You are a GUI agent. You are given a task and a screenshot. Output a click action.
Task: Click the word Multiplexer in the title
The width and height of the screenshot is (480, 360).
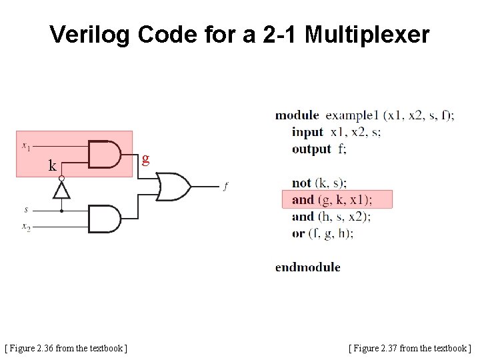coord(367,35)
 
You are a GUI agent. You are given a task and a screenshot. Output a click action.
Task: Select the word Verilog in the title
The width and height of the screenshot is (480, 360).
coord(91,35)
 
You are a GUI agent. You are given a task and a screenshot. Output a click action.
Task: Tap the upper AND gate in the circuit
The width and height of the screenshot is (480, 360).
coord(104,155)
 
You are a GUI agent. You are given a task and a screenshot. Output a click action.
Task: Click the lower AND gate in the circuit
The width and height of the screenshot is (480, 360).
coord(104,219)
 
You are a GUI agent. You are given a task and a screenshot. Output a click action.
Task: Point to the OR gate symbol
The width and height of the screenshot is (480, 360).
coord(173,187)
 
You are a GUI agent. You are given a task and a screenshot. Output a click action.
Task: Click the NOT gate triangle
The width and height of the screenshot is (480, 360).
coord(61,191)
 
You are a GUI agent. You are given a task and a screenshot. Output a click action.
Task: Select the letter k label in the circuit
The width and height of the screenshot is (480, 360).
coord(52,166)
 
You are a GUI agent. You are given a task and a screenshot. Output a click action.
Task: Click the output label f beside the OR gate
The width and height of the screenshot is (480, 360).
coord(225,187)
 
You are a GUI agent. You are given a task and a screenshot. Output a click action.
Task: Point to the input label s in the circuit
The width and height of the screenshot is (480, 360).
coord(26,209)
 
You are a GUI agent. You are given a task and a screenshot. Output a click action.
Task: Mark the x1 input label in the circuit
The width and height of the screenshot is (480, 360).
coord(25,145)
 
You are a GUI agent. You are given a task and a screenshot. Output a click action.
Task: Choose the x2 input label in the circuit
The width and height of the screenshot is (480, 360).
coord(26,227)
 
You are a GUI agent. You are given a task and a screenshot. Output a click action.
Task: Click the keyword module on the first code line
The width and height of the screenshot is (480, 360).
coord(297,115)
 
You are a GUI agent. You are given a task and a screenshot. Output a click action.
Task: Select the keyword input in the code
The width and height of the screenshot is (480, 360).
coord(307,132)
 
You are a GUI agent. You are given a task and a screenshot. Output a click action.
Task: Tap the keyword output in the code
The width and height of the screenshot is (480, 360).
coord(311,149)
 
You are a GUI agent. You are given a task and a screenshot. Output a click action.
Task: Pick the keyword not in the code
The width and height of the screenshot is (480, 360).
coord(301,183)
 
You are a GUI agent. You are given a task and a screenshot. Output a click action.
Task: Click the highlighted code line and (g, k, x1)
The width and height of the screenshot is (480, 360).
coord(332,199)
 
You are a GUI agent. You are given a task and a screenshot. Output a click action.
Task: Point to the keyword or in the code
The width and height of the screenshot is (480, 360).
coord(298,233)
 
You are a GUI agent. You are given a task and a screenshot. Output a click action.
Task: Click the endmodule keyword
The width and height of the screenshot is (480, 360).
coord(307,267)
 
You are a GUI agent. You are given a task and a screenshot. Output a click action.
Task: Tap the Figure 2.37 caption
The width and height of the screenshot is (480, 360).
coord(409,348)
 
